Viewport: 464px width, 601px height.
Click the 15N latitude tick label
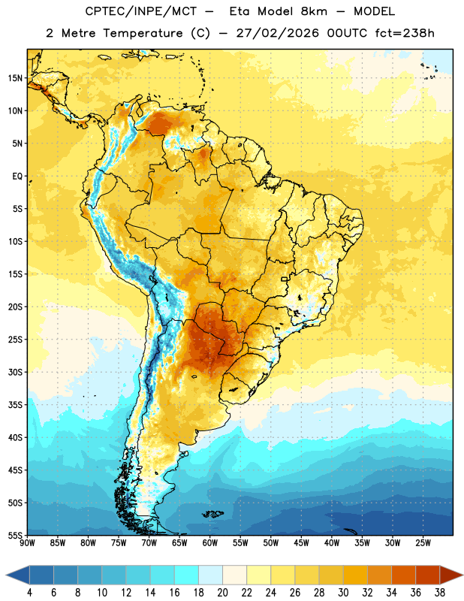(x=15, y=78)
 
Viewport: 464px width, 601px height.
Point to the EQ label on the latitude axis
(x=17, y=177)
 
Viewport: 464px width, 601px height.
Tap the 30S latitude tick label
(x=15, y=372)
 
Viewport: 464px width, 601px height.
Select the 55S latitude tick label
(x=15, y=536)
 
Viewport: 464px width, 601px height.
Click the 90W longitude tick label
(x=27, y=543)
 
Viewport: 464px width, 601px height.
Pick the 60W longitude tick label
(x=210, y=543)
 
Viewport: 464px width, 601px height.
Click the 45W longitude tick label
(x=301, y=543)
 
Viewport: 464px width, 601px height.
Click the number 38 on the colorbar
(x=439, y=593)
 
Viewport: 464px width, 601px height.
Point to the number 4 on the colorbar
(x=29, y=593)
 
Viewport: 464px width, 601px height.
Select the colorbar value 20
(x=222, y=593)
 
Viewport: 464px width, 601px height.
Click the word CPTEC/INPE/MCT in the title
(x=141, y=11)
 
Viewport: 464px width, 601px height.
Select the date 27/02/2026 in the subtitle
(x=277, y=33)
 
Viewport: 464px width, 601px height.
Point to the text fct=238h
(x=405, y=33)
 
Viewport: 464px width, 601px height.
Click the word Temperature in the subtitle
(x=143, y=33)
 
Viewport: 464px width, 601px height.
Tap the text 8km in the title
(x=314, y=11)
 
